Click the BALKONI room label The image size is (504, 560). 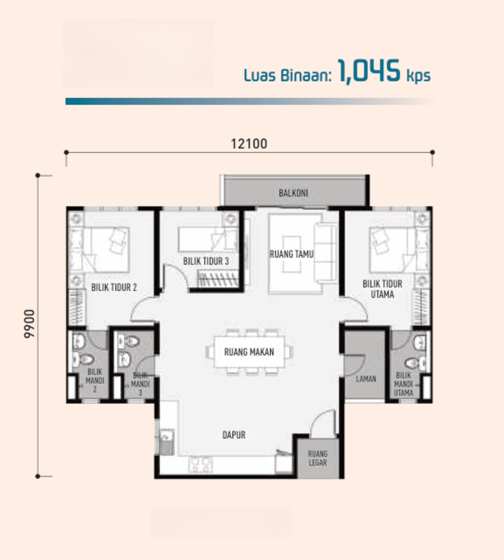(293, 193)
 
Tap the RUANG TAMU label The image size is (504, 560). (292, 254)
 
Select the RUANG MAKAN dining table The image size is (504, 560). (249, 352)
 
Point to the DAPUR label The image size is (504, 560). (234, 435)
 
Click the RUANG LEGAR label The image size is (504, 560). (317, 458)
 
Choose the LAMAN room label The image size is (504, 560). (365, 379)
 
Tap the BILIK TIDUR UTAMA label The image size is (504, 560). (382, 289)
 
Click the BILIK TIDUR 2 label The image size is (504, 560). (114, 287)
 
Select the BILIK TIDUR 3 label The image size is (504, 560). (206, 261)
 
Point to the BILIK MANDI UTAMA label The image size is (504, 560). (403, 384)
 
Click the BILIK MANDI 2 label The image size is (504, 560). (95, 380)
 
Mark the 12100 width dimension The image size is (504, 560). (249, 144)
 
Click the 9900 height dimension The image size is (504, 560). (29, 324)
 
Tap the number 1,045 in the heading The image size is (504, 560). (369, 71)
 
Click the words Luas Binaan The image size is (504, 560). (287, 75)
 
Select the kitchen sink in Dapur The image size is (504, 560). (166, 442)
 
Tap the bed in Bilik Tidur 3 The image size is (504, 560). (202, 239)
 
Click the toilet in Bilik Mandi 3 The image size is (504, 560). (131, 341)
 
